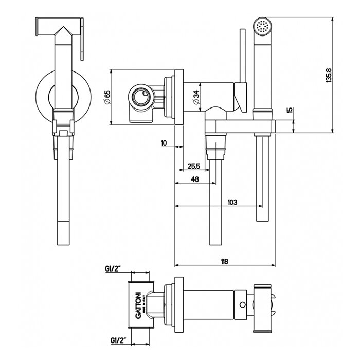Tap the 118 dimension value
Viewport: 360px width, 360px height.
(x=224, y=261)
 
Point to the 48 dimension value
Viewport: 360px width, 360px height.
(x=195, y=179)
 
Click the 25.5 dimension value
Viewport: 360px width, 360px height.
(x=194, y=166)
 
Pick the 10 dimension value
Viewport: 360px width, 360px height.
(x=164, y=143)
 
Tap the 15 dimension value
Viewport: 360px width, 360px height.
(x=290, y=110)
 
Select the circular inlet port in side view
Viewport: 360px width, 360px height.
(x=140, y=96)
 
